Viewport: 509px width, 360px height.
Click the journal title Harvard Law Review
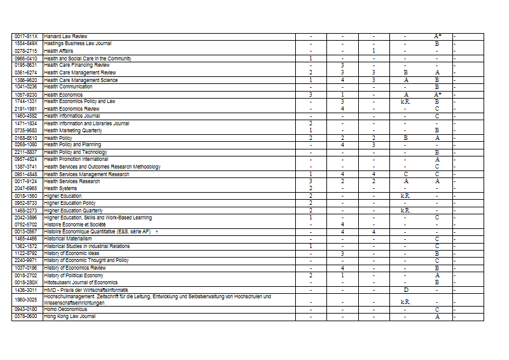(66, 36)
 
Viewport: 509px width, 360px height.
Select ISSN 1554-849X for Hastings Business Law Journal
(26, 43)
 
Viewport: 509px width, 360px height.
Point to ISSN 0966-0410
(26, 59)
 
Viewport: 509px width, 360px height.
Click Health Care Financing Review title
(76, 65)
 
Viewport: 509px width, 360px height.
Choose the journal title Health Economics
(63, 95)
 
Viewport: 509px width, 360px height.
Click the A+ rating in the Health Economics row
(437, 95)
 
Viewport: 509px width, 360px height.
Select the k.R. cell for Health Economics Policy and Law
(405, 102)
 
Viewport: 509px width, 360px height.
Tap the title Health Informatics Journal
(72, 116)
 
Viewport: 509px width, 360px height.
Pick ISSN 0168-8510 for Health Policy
(26, 138)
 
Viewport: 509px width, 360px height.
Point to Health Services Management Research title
(87, 174)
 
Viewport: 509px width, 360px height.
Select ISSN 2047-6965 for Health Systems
(26, 188)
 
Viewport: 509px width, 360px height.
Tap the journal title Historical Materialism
(68, 239)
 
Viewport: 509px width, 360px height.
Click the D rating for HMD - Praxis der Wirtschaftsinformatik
(405, 290)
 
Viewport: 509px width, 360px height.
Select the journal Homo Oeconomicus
(65, 309)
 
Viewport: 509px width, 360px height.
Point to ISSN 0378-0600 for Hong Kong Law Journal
(26, 316)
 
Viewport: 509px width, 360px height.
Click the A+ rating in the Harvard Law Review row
(437, 36)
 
